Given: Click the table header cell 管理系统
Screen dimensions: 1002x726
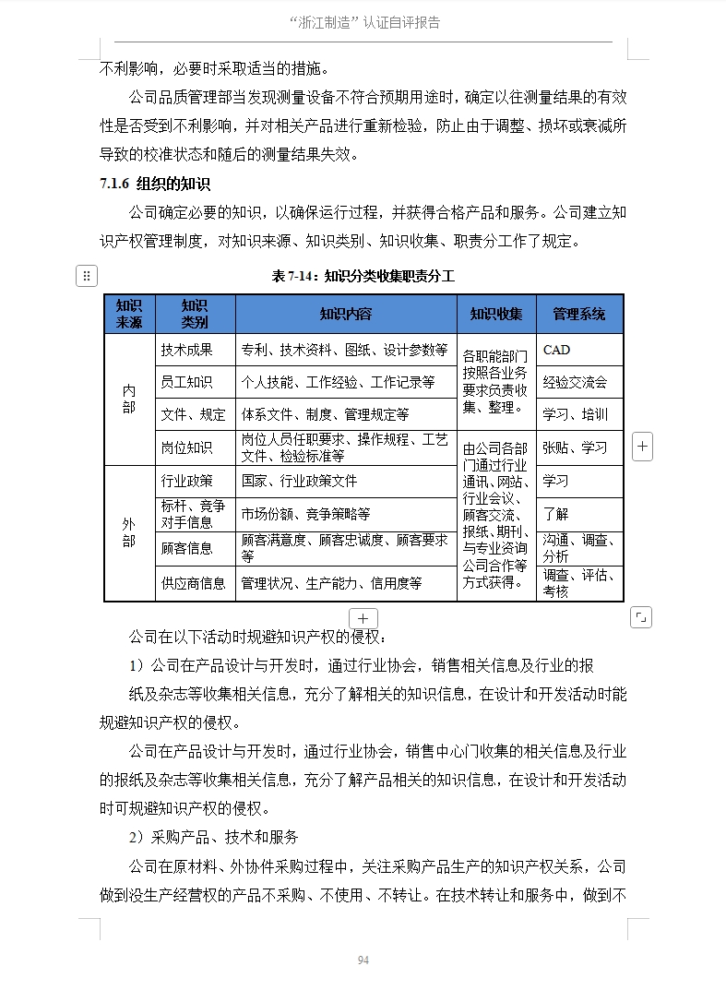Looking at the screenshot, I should [579, 314].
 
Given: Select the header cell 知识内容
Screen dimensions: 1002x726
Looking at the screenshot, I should [346, 314].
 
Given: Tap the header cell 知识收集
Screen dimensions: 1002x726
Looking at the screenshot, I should [496, 314].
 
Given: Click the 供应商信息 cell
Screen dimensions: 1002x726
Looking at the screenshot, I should [194, 583].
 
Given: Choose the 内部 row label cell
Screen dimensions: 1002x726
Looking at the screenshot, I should [129, 399].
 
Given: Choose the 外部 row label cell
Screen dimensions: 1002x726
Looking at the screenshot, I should [129, 532].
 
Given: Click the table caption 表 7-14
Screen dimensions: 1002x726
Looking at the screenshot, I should [363, 276].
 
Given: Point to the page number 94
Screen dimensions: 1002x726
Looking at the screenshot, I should [363, 960].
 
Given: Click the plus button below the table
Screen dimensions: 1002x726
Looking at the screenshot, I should [363, 618].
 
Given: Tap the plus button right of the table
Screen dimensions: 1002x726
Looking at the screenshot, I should [643, 447].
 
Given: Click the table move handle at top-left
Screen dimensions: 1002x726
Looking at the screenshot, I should [85, 275].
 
